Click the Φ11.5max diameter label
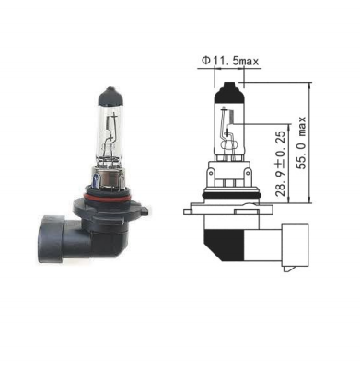(230, 61)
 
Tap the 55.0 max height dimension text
(302, 143)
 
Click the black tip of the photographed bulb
(110, 97)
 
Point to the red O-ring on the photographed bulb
(106, 197)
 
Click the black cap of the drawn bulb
(229, 92)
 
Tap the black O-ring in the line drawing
(230, 195)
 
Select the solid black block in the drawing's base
(224, 245)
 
